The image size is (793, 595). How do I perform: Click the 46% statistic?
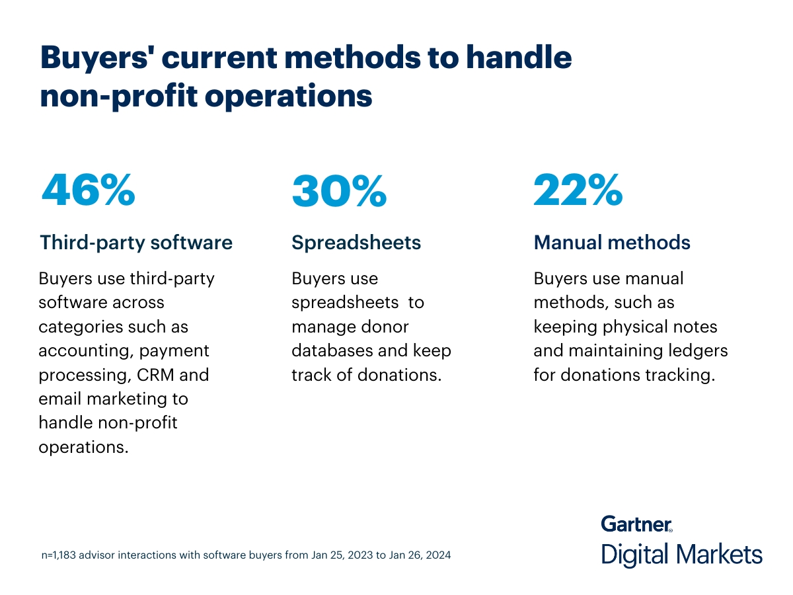88,190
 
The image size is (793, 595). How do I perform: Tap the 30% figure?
339,190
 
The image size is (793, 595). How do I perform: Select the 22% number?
578,190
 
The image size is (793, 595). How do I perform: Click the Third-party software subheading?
136,243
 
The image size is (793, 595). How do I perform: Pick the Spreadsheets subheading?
356,243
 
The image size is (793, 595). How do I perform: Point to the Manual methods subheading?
612,243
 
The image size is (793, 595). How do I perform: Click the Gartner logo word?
636,524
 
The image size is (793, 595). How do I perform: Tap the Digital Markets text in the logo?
681,554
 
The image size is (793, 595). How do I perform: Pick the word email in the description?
62,399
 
